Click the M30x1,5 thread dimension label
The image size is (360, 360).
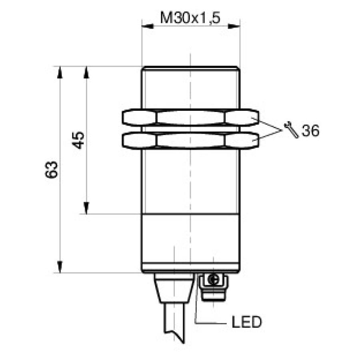pos(190,18)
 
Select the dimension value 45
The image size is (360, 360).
pos(79,140)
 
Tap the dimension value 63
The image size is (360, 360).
pos(52,170)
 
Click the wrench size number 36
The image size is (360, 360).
pos(310,131)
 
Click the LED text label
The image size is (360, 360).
pos(246,322)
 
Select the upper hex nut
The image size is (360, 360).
pos(190,118)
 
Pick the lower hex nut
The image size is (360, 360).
pos(190,140)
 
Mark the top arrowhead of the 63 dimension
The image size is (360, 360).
pos(60,72)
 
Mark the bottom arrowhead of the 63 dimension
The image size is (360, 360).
pos(60,267)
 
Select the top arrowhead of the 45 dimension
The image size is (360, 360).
pos(86,72)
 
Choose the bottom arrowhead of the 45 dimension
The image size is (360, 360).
pos(86,208)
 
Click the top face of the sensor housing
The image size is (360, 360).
pos(190,67)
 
